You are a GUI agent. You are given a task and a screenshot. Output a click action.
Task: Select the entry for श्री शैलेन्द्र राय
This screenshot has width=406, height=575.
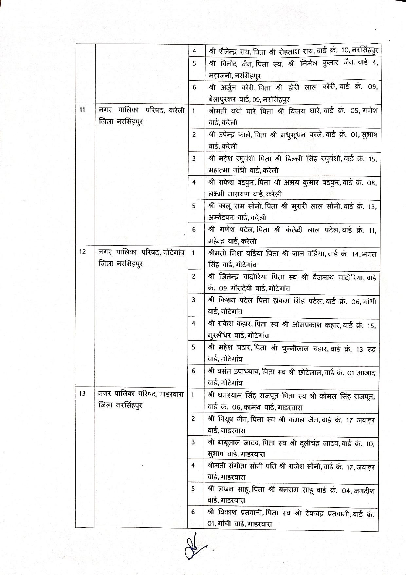pyautogui.click(x=293, y=51)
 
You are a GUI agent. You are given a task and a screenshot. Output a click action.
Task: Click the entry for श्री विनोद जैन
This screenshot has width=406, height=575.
pyautogui.click(x=293, y=69)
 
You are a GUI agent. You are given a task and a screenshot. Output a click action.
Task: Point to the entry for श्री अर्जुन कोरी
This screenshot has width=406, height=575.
pyautogui.click(x=293, y=93)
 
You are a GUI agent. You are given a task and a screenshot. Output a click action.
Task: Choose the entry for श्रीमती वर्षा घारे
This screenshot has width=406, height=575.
pyautogui.click(x=293, y=116)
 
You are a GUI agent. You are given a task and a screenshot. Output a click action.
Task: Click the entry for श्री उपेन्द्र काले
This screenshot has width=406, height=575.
pyautogui.click(x=293, y=140)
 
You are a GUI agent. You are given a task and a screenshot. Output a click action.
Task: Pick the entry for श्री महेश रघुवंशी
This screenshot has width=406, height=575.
pyautogui.click(x=293, y=164)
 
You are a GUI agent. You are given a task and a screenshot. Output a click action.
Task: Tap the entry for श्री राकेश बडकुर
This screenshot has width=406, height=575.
pyautogui.click(x=293, y=188)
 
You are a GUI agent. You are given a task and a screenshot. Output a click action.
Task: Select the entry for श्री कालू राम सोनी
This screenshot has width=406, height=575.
pyautogui.click(x=293, y=211)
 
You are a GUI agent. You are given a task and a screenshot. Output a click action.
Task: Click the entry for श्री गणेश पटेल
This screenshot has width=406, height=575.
pyautogui.click(x=293, y=235)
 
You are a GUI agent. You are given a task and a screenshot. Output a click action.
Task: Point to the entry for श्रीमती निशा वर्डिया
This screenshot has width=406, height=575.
pyautogui.click(x=293, y=258)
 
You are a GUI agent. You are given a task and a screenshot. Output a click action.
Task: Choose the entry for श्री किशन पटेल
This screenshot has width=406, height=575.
pyautogui.click(x=293, y=306)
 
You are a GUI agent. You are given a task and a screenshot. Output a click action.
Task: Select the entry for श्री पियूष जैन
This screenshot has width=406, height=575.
pyautogui.click(x=293, y=425)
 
